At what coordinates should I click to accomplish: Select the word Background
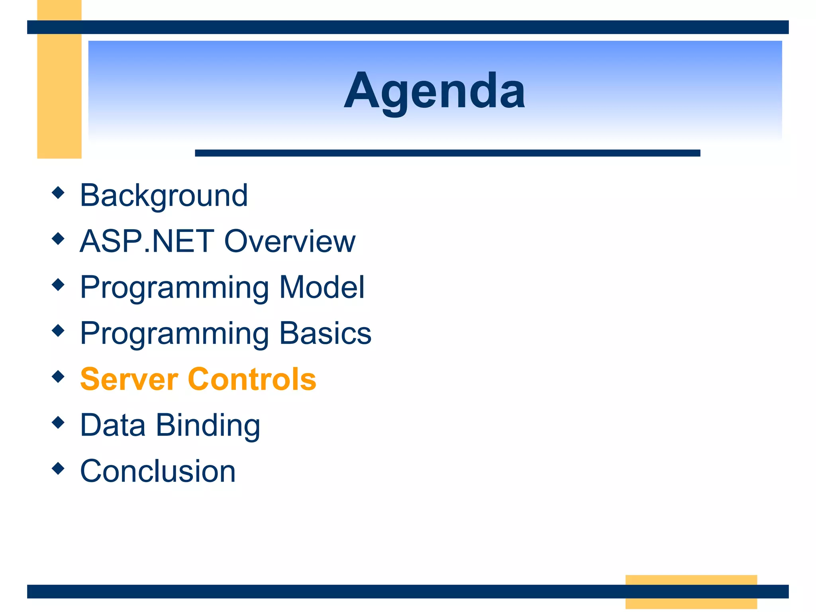[164, 196]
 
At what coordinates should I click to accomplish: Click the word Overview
[290, 241]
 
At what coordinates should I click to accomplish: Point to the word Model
[322, 287]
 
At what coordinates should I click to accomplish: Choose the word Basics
[325, 333]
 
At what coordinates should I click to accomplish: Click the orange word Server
[129, 379]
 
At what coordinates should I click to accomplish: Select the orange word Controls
[252, 379]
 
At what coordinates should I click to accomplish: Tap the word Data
[113, 425]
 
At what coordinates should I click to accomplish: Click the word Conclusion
[158, 471]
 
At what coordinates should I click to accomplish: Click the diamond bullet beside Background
[58, 192]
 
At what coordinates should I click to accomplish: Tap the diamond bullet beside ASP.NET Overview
[58, 239]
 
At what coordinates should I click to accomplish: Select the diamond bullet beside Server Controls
[58, 377]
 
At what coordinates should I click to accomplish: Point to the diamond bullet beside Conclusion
[58, 468]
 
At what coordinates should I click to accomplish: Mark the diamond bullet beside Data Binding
[58, 422]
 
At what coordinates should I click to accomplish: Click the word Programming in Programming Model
[175, 288]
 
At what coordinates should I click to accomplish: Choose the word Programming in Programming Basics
[175, 334]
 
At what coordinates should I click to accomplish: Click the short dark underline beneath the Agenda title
[447, 153]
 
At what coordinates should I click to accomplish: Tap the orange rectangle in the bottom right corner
[691, 592]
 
